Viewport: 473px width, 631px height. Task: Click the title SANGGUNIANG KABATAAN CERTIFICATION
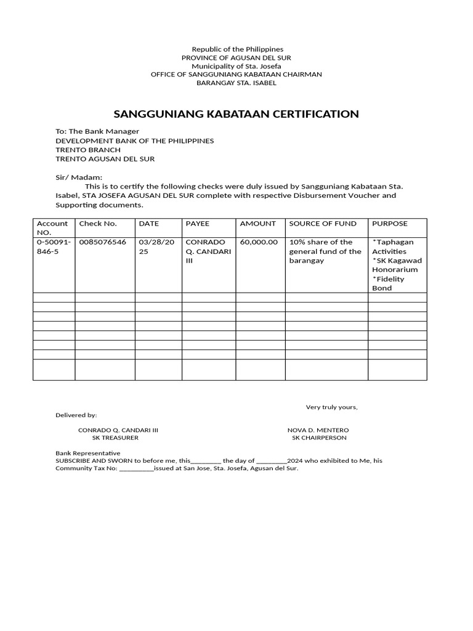tap(236, 114)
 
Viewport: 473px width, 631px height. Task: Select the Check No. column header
tap(98, 224)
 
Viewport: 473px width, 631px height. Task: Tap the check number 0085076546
tap(103, 242)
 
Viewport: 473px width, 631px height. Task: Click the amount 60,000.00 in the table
tap(259, 242)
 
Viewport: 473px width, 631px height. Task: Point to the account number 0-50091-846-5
tap(54, 246)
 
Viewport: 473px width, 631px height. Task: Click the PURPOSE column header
tap(390, 224)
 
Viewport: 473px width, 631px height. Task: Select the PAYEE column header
tap(198, 224)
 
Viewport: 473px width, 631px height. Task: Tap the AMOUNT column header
tap(258, 224)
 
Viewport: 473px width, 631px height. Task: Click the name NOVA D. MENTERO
tap(318, 429)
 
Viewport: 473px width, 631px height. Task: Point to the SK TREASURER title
tap(115, 438)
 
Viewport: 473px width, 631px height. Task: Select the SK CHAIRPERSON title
tap(319, 438)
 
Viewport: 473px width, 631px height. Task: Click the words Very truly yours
tap(332, 407)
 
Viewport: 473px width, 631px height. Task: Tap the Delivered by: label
tap(76, 415)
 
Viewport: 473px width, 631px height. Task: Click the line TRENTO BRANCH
tap(88, 150)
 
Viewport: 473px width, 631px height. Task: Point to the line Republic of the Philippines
tap(237, 49)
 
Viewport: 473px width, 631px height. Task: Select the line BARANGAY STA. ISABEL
tap(236, 83)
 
